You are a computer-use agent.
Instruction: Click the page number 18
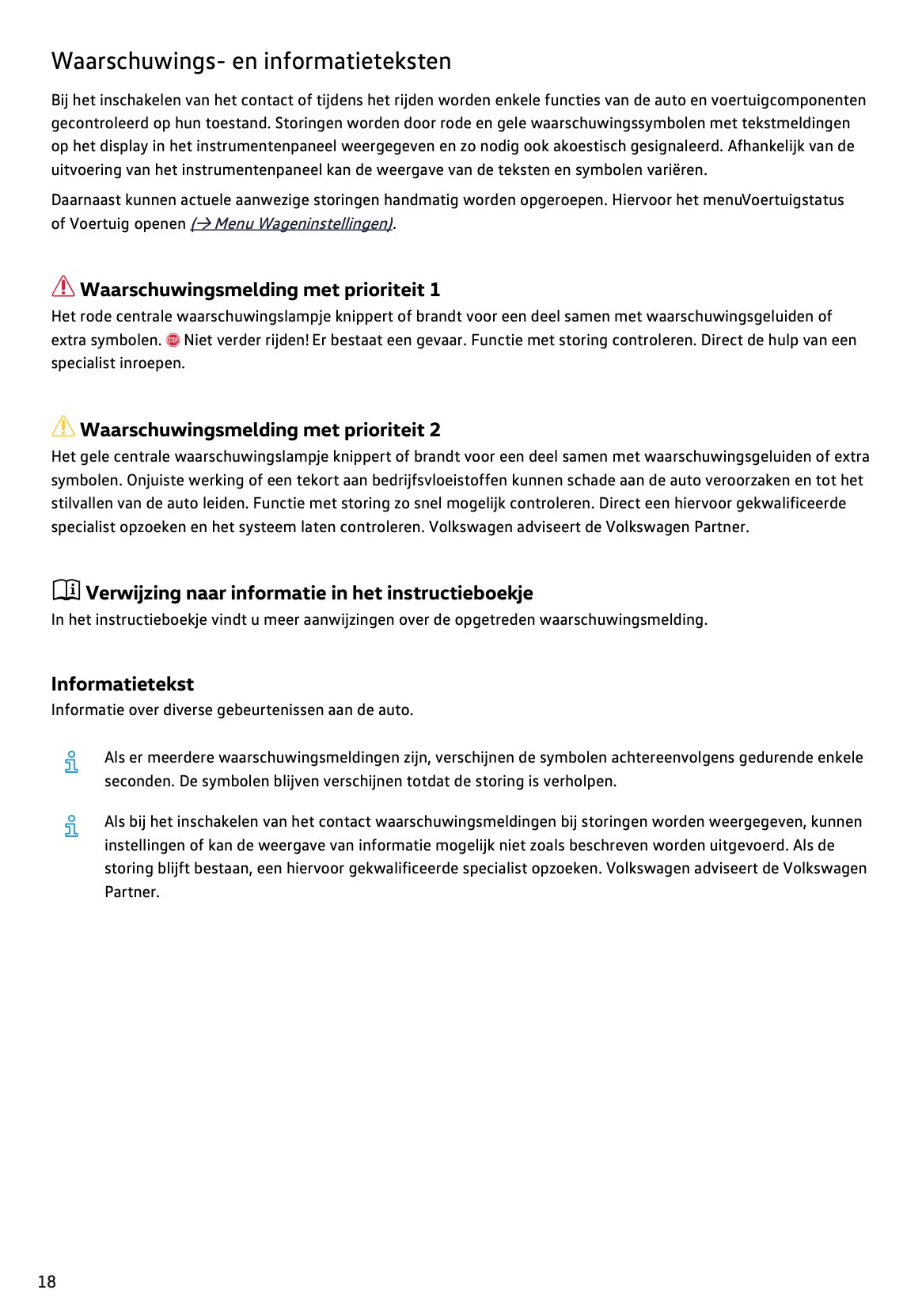47,1281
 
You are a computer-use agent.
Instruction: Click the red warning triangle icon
63,287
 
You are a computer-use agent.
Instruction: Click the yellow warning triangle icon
63,427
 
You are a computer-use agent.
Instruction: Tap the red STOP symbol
173,341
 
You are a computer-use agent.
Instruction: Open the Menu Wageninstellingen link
292,223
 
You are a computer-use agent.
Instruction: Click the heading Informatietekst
122,683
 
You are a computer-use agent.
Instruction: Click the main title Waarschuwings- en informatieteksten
251,61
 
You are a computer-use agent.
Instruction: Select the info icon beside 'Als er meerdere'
71,762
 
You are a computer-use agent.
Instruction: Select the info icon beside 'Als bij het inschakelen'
71,826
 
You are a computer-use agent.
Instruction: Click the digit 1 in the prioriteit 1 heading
434,290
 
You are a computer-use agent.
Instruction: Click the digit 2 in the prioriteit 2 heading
434,430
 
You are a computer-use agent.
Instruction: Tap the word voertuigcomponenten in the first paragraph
787,100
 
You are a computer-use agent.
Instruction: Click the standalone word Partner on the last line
131,892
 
